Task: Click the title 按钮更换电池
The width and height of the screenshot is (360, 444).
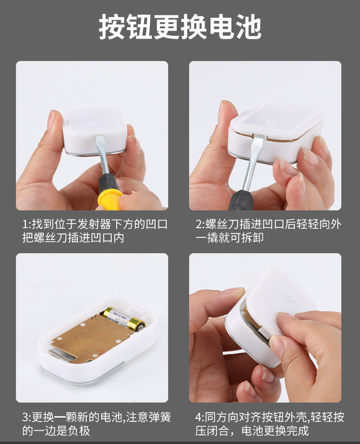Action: tap(180, 27)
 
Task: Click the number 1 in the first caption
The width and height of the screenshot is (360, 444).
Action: tap(25, 225)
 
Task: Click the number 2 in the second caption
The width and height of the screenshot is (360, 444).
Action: tap(199, 225)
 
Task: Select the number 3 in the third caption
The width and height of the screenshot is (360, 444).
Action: tap(26, 418)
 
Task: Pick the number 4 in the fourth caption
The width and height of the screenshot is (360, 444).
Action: tap(199, 418)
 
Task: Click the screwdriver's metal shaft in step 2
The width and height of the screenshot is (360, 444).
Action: tap(252, 164)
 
